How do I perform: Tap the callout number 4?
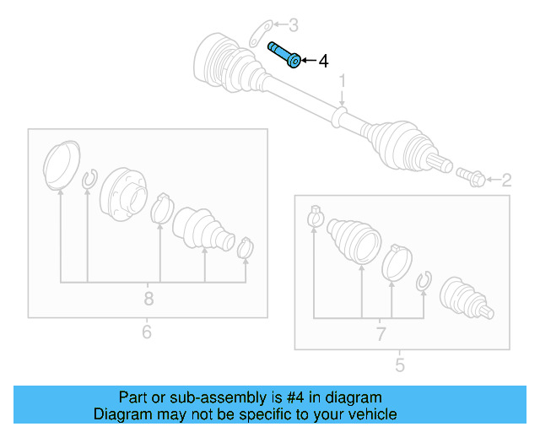[x=322, y=62]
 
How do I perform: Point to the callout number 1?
[x=343, y=81]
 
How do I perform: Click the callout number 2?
[x=506, y=179]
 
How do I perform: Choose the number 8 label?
[x=148, y=298]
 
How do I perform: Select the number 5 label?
[x=399, y=364]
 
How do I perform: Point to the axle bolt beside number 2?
[x=470, y=177]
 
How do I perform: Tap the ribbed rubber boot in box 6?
[x=202, y=228]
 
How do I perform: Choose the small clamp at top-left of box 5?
[x=315, y=216]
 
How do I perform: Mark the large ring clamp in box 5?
[x=394, y=261]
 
